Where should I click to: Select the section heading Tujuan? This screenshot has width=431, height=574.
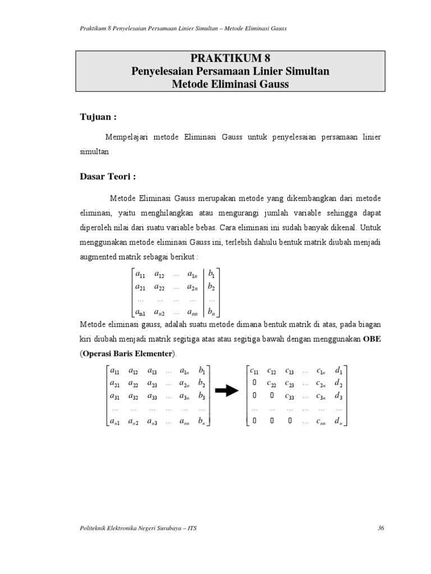pos(98,117)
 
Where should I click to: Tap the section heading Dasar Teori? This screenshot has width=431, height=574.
pos(107,176)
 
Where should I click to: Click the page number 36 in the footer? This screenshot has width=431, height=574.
pos(381,528)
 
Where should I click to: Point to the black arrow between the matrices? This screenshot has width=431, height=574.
pos(227,392)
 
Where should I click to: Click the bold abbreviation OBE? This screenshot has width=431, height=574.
pos(372,339)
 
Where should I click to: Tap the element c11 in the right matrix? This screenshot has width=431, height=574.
pos(255,371)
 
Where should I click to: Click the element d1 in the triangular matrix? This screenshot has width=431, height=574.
pos(338,371)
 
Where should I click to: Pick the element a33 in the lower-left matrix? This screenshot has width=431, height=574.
pos(152,396)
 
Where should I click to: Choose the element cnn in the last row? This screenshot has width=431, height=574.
pos(321,422)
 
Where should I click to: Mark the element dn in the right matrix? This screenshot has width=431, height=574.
pos(338,422)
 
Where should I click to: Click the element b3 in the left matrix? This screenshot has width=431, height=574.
pos(201,396)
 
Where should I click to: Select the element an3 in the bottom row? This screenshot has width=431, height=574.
pos(152,422)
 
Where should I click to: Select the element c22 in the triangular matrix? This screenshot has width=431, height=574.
pos(272,383)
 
